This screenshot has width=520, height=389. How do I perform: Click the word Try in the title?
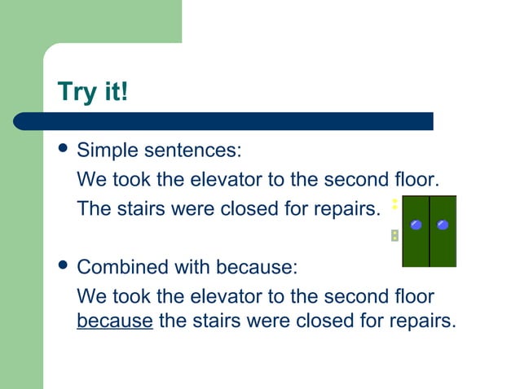tap(76, 91)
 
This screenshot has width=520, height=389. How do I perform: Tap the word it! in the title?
tap(113, 91)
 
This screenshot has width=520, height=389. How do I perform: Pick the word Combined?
tap(122, 267)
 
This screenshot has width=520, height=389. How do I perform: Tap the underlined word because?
tap(114, 320)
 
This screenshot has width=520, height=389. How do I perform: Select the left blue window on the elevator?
tap(416, 225)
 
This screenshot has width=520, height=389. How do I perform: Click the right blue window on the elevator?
tap(443, 225)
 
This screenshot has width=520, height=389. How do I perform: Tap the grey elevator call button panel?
tap(394, 235)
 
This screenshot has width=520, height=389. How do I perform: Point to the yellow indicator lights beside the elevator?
tap(394, 204)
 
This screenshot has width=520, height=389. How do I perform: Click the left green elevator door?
tap(416, 244)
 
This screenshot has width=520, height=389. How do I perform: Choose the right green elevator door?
tap(443, 244)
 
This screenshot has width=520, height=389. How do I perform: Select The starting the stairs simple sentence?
tap(92, 209)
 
